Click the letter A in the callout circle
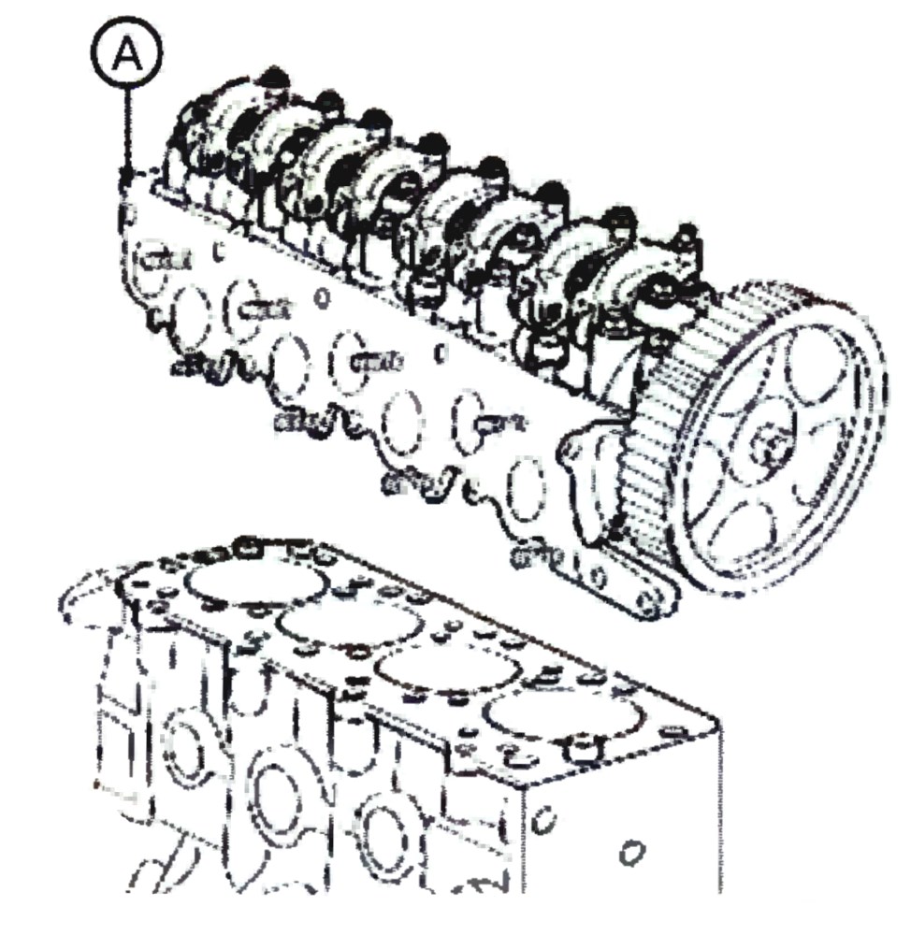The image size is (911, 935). pos(127,56)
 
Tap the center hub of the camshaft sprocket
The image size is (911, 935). pos(774,442)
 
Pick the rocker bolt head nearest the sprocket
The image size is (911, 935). pos(687,234)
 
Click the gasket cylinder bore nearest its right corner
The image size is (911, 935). pos(561,725)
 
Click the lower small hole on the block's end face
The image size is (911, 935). pos(631,853)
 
